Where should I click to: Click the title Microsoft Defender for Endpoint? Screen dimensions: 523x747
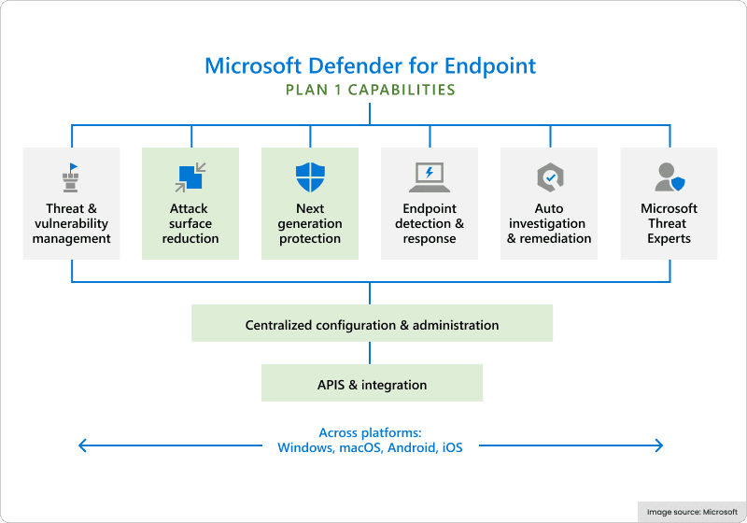371,65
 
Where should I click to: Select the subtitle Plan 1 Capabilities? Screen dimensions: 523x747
371,91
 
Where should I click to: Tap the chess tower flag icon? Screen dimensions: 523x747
71,176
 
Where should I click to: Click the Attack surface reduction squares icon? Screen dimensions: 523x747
190,176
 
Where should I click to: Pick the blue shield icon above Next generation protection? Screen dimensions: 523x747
310,176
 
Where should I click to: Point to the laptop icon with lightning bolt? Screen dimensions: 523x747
430,176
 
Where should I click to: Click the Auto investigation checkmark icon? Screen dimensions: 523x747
548,176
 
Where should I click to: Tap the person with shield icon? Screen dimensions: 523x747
669,176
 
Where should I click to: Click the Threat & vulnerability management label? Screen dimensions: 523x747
71,223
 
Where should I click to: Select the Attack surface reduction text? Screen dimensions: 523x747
190,223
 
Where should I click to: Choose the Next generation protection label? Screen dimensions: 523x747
310,223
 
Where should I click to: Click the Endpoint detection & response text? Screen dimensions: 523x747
430,223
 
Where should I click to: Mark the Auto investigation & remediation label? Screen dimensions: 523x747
549,223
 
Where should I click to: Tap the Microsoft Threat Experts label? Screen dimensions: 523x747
669,223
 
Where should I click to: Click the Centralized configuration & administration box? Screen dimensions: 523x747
372,325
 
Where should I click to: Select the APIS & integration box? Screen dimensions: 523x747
372,384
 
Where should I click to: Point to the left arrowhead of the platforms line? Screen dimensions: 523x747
82,446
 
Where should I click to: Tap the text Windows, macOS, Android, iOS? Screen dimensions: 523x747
370,447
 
